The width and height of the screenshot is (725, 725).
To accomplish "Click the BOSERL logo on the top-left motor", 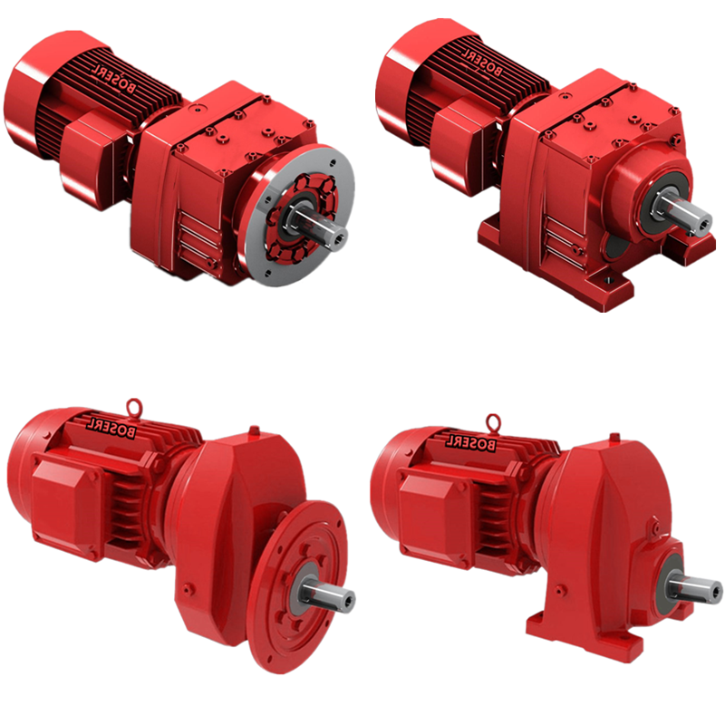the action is [x=114, y=78].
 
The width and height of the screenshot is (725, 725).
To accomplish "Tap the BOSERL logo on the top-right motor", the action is [x=481, y=62].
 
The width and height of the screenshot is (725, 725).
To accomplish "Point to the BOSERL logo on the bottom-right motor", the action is [x=470, y=441].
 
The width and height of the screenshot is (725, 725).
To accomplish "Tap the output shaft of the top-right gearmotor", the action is [x=683, y=212].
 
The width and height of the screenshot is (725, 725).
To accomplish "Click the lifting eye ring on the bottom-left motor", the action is [x=134, y=405].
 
